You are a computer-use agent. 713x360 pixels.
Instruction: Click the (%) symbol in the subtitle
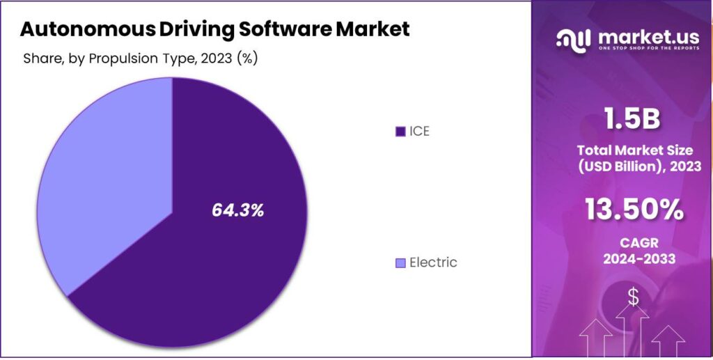pyautogui.click(x=247, y=58)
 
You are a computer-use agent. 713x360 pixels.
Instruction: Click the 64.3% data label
pyautogui.click(x=238, y=210)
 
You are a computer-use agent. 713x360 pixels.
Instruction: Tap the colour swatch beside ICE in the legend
pyautogui.click(x=400, y=132)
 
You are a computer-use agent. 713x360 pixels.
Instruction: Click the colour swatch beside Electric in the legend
pyautogui.click(x=400, y=263)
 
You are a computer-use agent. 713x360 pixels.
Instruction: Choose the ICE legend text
pyautogui.click(x=420, y=132)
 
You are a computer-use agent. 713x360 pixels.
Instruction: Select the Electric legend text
pyautogui.click(x=433, y=263)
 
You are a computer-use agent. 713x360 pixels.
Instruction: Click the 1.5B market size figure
pyautogui.click(x=633, y=120)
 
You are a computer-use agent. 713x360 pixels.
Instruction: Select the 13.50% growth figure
pyautogui.click(x=633, y=210)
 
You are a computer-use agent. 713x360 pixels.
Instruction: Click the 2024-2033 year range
pyautogui.click(x=633, y=260)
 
